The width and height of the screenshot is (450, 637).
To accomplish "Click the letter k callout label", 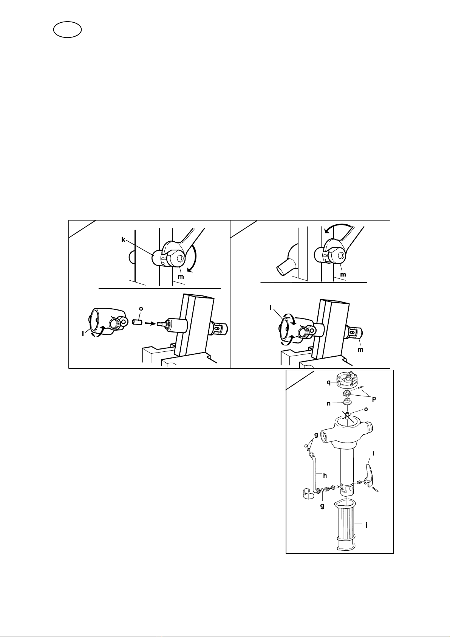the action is (x=123, y=240).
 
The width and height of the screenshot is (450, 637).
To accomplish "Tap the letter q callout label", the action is (x=329, y=382).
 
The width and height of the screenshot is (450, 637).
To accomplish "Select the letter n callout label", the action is (x=329, y=403).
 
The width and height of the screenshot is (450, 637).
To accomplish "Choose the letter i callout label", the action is (x=373, y=454).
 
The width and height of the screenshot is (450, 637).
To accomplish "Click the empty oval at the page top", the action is (x=68, y=30).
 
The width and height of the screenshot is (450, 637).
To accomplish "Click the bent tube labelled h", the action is (x=314, y=472).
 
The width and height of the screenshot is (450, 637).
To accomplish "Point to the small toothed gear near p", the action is (x=347, y=394).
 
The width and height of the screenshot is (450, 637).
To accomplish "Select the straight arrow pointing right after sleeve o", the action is (x=150, y=323).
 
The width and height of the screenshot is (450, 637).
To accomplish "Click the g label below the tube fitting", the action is (x=322, y=506).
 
